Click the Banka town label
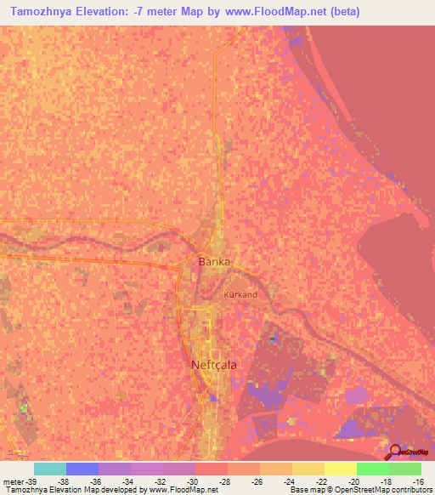[214, 261]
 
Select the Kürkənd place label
[240, 294]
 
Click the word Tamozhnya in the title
[46, 12]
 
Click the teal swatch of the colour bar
[50, 469]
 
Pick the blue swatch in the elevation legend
[82, 469]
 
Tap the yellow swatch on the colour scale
[340, 469]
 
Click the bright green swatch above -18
[372, 469]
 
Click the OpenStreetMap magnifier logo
[394, 452]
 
